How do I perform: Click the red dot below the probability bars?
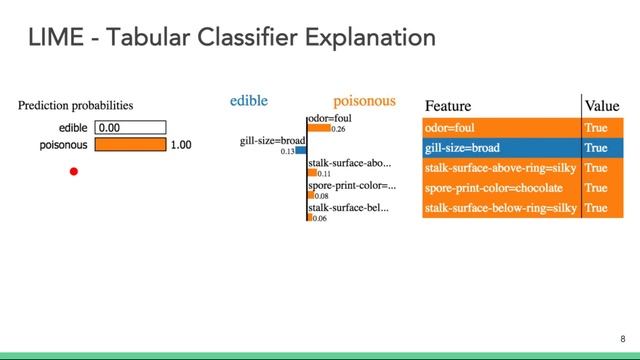[73, 172]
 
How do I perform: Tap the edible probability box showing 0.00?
[130, 128]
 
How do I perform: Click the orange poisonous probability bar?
[130, 145]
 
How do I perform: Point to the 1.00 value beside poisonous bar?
[181, 145]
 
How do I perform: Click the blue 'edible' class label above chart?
[249, 101]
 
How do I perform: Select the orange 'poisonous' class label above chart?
[364, 101]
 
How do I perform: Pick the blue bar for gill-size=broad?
[302, 150]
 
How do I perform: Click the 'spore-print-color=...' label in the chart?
[352, 185]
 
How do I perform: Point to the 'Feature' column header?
[448, 106]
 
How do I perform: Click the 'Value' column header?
[602, 106]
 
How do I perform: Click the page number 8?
[623, 339]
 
